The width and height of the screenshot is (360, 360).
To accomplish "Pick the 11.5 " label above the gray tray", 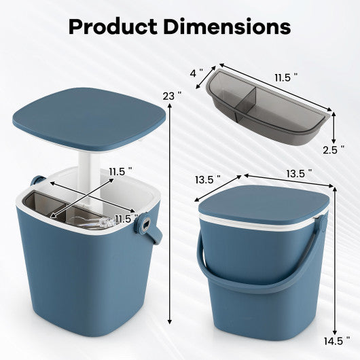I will [286, 79].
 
